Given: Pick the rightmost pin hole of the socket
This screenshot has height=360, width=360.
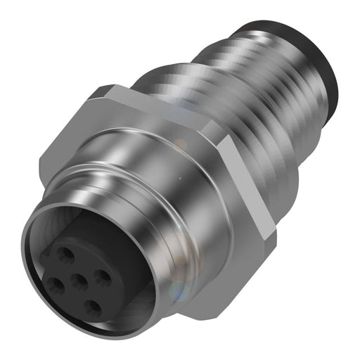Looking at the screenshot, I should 104,278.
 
